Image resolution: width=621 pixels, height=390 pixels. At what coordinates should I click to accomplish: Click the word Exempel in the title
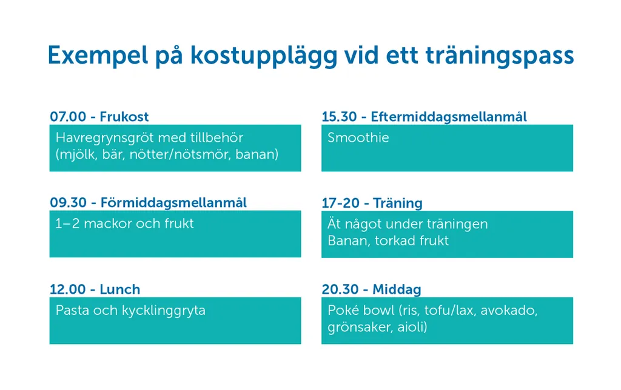(x=98, y=56)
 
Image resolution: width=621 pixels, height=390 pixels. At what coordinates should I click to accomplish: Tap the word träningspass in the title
(x=500, y=56)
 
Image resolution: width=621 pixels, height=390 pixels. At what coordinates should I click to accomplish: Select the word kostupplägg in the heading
(x=263, y=56)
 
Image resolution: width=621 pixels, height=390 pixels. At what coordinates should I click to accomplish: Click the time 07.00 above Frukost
(x=68, y=117)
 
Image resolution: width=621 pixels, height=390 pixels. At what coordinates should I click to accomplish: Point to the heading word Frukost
(x=124, y=117)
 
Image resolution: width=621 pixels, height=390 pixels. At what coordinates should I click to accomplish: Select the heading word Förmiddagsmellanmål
(x=173, y=203)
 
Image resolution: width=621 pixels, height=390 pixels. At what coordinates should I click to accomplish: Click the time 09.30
(x=68, y=203)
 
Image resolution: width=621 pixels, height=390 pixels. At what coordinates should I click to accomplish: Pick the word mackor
(x=107, y=223)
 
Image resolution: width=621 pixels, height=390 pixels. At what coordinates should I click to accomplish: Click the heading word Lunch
(x=120, y=289)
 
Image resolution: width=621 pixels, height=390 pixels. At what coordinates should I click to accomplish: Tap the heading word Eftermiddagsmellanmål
(x=449, y=117)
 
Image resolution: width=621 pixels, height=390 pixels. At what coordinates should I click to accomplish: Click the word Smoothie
(x=358, y=137)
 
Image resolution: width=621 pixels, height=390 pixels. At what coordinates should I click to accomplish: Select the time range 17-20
(x=340, y=203)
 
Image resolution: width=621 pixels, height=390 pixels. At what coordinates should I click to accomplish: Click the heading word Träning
(x=398, y=203)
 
